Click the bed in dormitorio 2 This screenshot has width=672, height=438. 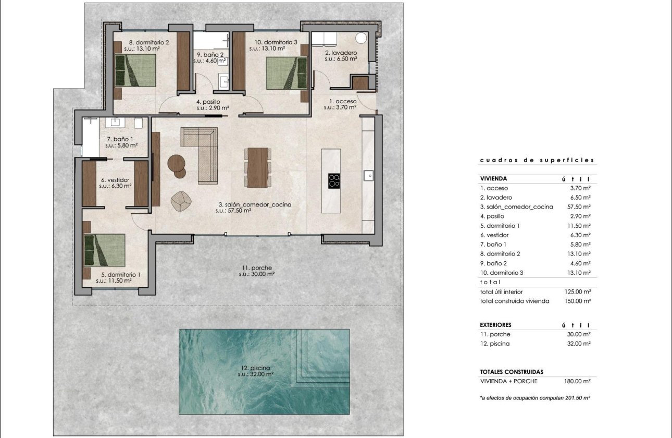pos(135,70)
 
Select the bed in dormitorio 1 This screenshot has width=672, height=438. pos(105,250)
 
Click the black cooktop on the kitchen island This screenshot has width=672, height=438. pos(334,180)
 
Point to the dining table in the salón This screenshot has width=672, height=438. pos(258,167)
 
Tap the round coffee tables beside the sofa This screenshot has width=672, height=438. pos(177,165)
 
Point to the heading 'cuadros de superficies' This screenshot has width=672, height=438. pos(537,161)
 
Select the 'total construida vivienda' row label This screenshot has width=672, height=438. pos(514,301)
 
